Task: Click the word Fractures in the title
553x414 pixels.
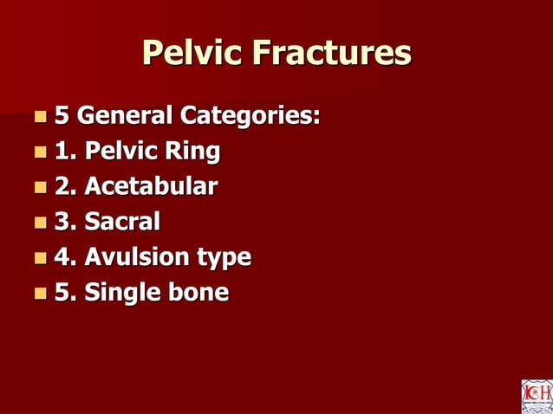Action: click(332, 53)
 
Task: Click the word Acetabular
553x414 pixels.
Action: click(151, 186)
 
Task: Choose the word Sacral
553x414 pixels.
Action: click(122, 222)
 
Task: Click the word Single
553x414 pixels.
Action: click(120, 294)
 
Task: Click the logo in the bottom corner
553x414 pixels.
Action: click(536, 396)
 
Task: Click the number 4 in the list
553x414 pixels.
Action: click(62, 257)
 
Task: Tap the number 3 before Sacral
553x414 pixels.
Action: click(62, 222)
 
